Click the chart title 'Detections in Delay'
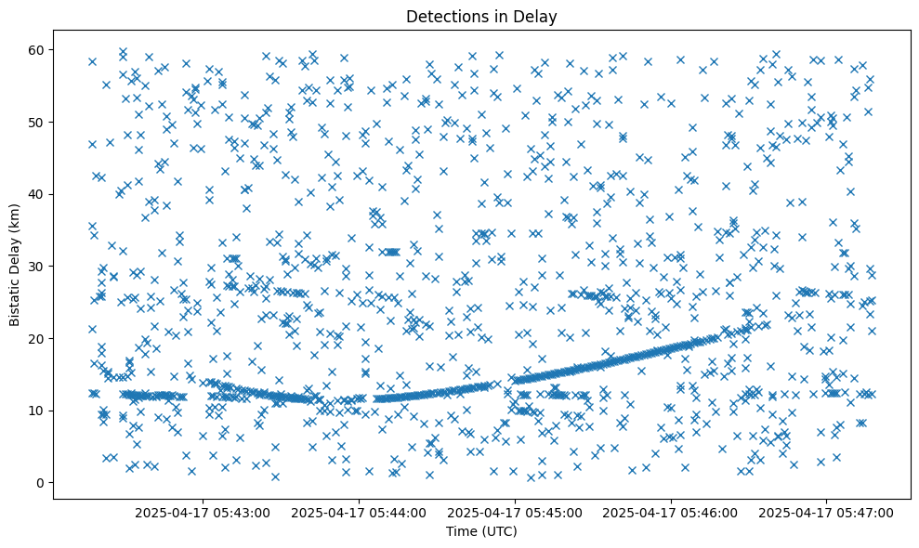(481, 16)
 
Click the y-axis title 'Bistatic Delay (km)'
(15, 265)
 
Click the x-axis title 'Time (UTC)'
(481, 531)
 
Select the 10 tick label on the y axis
(38, 411)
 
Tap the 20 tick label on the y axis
(38, 338)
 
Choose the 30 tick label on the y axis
(38, 266)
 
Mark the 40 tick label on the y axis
(38, 194)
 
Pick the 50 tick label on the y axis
(38, 122)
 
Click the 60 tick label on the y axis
(38, 49)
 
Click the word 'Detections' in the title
(443, 16)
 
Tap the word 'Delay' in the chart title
(537, 16)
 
